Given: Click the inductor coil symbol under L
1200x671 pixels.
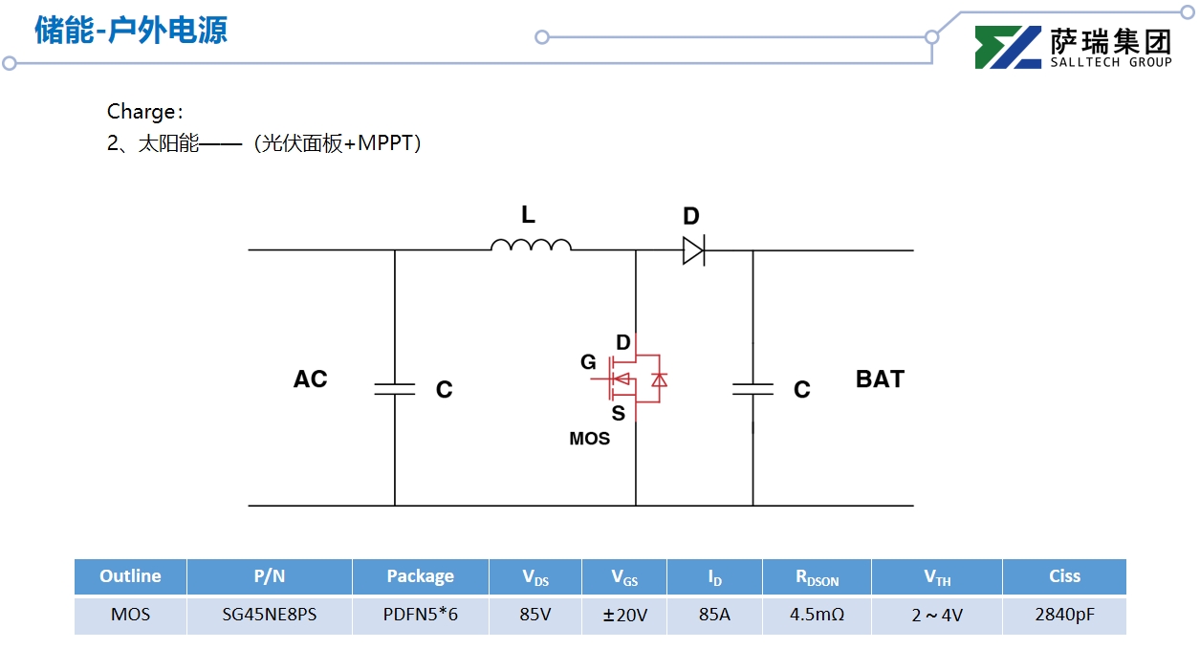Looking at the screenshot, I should coord(531,246).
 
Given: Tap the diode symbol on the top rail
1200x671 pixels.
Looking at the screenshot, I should coord(693,250).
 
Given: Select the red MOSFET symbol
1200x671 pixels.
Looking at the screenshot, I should coord(636,379).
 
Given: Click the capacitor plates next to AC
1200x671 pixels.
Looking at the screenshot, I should coord(394,389).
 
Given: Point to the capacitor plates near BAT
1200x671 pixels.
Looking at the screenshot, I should coord(753,389).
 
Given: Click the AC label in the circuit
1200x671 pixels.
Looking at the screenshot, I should coord(310,379).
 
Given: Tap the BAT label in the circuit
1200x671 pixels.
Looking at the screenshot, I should coord(880,379).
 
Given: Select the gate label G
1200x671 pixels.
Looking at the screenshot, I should coord(588,362).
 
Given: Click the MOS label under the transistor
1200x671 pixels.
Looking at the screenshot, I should coord(589,439).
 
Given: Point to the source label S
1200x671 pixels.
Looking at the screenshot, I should coord(618,414).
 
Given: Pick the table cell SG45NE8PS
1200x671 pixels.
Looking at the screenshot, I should coord(269,615).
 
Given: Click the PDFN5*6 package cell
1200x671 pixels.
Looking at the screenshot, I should coord(420,615).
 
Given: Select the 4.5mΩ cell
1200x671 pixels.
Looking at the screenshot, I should coord(817,615).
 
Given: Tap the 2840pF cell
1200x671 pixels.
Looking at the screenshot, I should coord(1064,615).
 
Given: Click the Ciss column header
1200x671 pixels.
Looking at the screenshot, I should coord(1064,576).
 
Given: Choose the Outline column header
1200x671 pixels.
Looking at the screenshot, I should coord(130,576).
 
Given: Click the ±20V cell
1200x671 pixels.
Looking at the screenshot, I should coord(624,615).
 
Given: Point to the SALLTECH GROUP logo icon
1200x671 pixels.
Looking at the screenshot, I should coord(1008,47).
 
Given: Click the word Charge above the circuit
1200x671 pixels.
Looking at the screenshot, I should coord(141,112).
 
